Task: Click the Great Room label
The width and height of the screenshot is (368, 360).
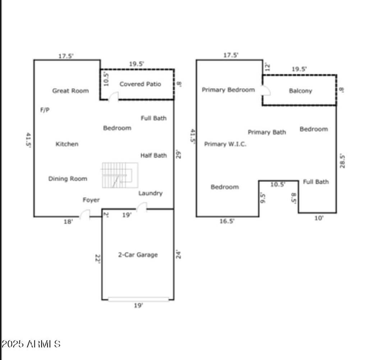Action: (70, 91)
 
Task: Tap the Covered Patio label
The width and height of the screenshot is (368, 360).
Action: (141, 84)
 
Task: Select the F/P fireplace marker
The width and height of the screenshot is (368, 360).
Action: (45, 110)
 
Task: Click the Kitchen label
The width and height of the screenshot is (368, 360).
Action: (67, 144)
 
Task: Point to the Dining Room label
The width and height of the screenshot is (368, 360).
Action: (68, 179)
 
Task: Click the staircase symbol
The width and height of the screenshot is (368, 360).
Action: (120, 175)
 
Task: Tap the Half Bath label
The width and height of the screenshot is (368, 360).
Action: (153, 155)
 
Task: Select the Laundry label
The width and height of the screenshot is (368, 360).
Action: (151, 193)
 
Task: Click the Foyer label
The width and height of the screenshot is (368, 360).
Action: (91, 200)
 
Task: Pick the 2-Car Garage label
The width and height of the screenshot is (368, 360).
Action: (138, 255)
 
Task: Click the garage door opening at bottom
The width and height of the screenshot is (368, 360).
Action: (138, 299)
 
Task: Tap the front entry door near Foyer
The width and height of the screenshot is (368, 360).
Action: (85, 214)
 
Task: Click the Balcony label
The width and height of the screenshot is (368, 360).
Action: (300, 91)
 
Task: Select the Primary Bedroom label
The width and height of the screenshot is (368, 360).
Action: (228, 90)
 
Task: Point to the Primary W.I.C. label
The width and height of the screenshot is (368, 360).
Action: (225, 144)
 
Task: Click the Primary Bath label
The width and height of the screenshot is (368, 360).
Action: (267, 132)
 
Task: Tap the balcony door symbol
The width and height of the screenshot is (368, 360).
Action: (266, 91)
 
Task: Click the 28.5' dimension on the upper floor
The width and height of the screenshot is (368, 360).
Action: (342, 161)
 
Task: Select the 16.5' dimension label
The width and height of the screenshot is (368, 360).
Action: (227, 221)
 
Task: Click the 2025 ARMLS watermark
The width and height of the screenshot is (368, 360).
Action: (31, 344)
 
